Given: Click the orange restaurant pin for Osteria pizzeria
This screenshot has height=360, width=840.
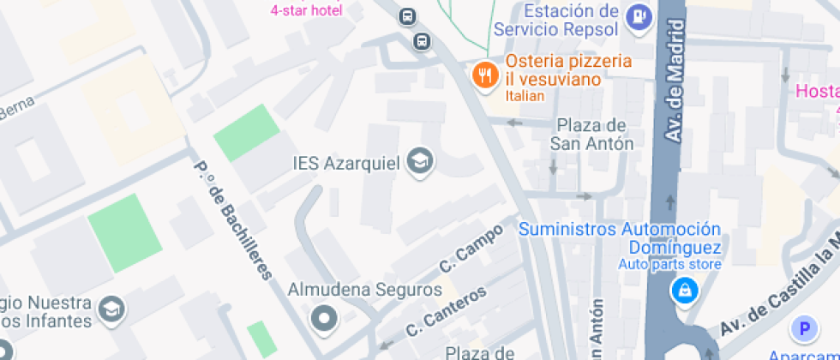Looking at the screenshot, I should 485,75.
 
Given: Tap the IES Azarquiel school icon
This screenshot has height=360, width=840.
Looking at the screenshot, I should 420,161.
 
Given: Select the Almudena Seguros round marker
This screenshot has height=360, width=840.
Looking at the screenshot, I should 324,319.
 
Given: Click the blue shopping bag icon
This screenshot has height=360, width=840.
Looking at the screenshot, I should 685,291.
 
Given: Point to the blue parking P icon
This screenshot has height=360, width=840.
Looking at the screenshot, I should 804,327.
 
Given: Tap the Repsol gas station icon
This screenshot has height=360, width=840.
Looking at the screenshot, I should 639,15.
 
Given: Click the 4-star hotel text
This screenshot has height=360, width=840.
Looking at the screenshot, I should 306,10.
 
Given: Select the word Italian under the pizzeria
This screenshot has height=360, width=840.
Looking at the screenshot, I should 525,96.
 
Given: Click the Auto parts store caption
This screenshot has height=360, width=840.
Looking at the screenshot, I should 669,265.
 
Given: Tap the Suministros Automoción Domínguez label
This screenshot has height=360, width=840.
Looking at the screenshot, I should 619,238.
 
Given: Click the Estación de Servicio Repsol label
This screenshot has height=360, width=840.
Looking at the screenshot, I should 557,21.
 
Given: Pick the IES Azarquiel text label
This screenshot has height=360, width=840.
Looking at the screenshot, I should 346,162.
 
